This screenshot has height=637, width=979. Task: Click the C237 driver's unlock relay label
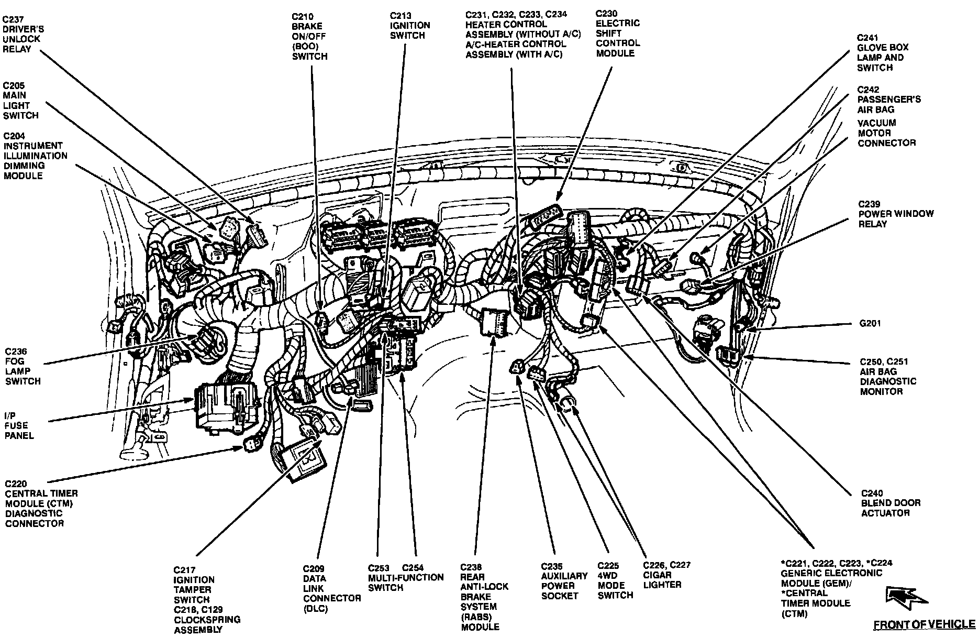(x=22, y=34)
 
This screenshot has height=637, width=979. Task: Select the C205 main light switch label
(x=21, y=100)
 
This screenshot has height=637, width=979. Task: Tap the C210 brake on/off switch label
(x=309, y=36)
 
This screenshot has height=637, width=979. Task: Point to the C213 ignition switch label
(x=410, y=25)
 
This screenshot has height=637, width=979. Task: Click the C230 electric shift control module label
(x=618, y=33)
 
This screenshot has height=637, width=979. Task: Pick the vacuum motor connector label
(x=886, y=133)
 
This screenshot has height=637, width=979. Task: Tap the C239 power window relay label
(x=895, y=214)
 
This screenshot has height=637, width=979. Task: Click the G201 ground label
(x=870, y=323)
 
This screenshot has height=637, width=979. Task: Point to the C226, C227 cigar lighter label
(x=666, y=574)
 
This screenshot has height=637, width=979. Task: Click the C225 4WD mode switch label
(x=615, y=580)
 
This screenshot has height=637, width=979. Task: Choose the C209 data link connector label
(x=331, y=588)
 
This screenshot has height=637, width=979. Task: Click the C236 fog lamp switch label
(x=23, y=366)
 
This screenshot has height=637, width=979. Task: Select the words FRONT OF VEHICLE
(x=924, y=624)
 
